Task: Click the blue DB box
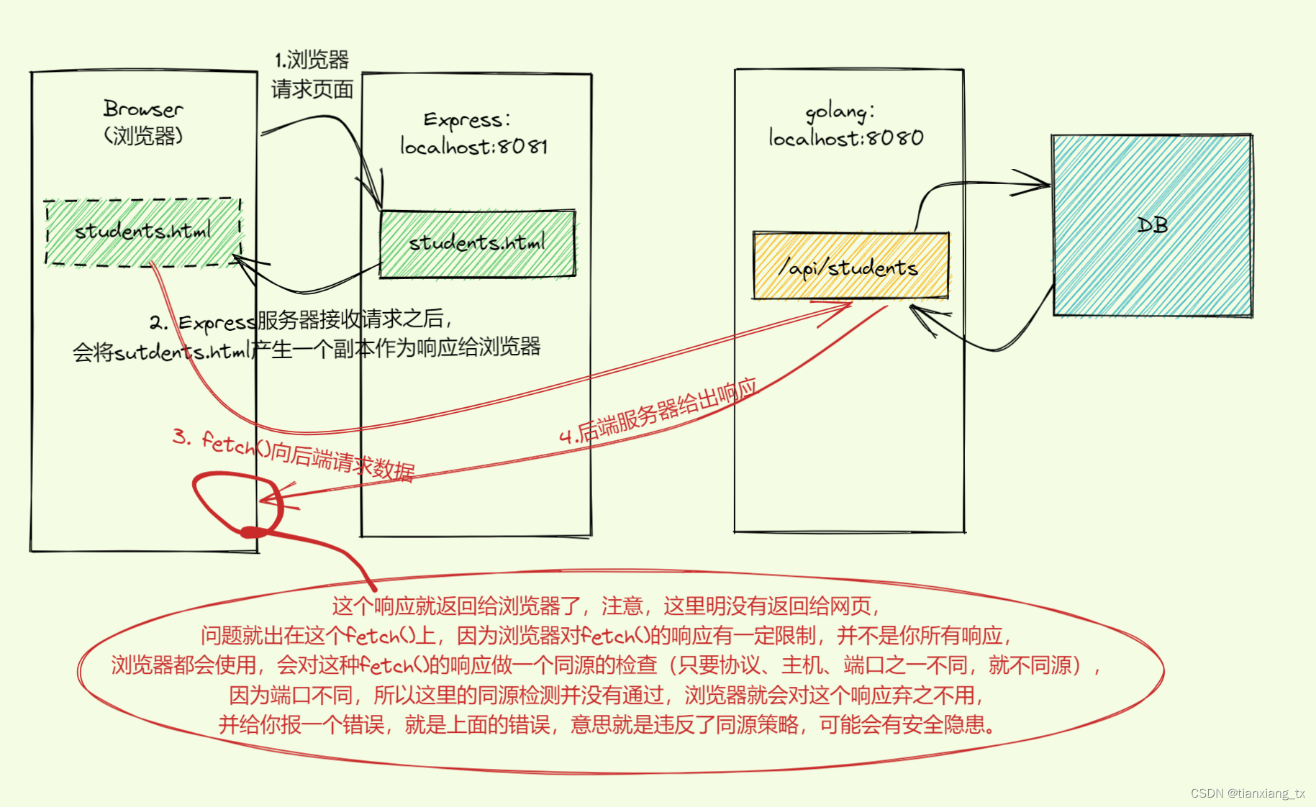pos(1152,225)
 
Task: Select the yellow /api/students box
pos(850,266)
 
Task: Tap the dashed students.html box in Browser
pos(143,232)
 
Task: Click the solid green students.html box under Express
pos(477,243)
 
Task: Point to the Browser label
pos(143,109)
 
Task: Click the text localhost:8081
pos(474,147)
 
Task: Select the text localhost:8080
pos(846,137)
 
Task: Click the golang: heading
pos(840,112)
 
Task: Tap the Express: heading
pos(467,119)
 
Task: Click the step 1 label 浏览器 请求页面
pos(312,75)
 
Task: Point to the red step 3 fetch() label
pos(294,453)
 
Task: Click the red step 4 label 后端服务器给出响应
pos(658,411)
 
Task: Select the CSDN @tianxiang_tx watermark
pos(1247,793)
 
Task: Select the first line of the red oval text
pos(606,606)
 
